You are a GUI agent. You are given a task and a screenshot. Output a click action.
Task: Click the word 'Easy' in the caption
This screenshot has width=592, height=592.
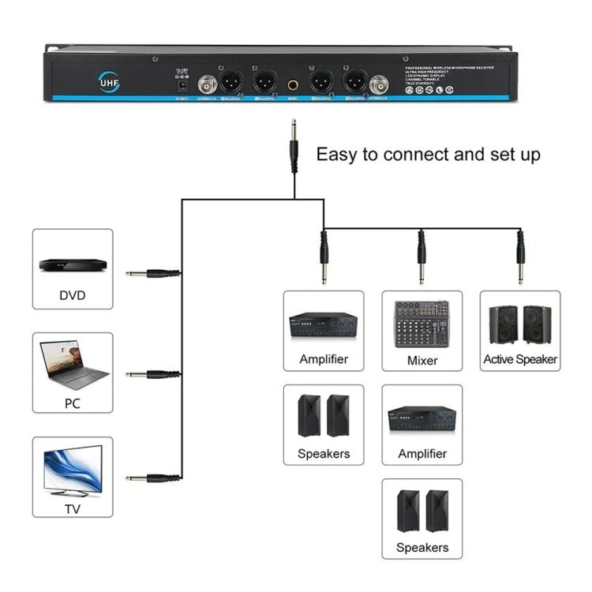click(x=337, y=154)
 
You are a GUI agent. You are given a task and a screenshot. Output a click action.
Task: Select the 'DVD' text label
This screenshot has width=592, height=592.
click(x=73, y=296)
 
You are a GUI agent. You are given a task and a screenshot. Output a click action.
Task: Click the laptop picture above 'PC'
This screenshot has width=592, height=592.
click(x=73, y=364)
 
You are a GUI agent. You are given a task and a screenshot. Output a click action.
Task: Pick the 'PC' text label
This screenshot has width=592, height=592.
click(x=73, y=403)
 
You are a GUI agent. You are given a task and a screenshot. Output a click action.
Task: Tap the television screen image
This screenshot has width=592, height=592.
click(x=73, y=469)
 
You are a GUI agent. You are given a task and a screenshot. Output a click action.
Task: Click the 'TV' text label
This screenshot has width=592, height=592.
click(x=73, y=508)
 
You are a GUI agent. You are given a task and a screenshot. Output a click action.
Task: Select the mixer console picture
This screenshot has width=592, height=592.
click(x=422, y=324)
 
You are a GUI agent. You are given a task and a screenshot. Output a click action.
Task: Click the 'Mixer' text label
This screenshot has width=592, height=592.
click(x=422, y=359)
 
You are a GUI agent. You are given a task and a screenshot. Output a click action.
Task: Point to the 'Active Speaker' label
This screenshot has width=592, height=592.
click(x=520, y=359)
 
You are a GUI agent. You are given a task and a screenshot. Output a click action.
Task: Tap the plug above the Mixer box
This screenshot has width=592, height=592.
click(x=422, y=257)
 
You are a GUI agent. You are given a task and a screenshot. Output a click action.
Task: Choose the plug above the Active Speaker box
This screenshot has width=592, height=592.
click(x=520, y=257)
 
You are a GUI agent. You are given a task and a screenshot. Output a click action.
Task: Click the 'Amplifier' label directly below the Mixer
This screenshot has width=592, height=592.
click(x=422, y=453)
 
